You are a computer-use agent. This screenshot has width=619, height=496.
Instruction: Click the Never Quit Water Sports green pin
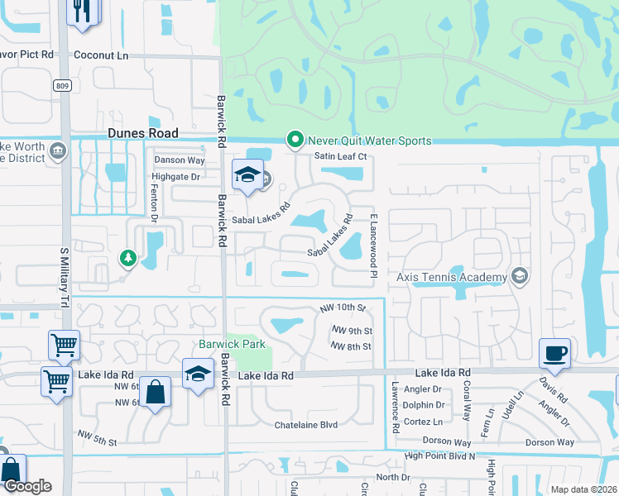click(x=293, y=141)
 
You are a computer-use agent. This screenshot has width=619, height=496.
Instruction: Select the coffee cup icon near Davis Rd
click(x=554, y=353)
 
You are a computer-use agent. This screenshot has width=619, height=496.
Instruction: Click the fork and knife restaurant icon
click(x=84, y=12)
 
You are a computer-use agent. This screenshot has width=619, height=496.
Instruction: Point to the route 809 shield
click(x=64, y=85)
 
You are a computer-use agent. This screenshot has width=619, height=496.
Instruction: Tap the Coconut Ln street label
click(x=102, y=55)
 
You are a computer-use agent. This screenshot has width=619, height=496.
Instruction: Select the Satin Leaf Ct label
click(x=339, y=156)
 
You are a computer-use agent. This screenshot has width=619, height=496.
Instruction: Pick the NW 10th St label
click(x=343, y=308)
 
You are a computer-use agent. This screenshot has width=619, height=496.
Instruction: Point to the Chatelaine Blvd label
click(x=306, y=425)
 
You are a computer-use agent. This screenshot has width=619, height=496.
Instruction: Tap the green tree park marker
click(x=127, y=259)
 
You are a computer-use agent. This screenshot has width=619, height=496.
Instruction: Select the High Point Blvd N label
click(x=439, y=455)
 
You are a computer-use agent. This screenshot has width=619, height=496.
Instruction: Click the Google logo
click(x=26, y=486)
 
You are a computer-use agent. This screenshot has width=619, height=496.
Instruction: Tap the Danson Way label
click(x=180, y=160)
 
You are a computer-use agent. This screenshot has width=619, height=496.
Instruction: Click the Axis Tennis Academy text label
click(x=451, y=277)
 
